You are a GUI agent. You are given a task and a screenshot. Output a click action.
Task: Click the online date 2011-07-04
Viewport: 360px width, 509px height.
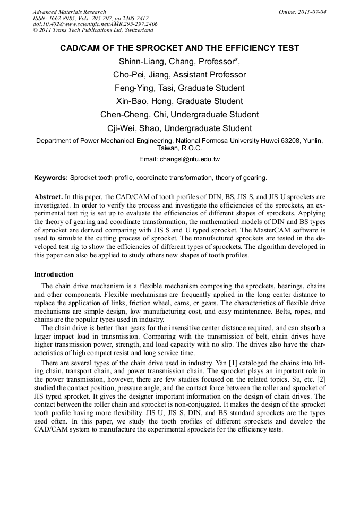click(310, 12)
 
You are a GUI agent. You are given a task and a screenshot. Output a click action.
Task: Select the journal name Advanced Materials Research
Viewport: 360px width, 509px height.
click(69, 12)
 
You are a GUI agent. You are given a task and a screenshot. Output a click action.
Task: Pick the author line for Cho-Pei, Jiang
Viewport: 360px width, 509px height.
click(179, 75)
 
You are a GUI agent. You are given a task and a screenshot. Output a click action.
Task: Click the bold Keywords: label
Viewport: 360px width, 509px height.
click(51, 177)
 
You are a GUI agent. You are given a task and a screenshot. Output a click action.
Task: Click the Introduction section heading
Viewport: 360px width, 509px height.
click(54, 274)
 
